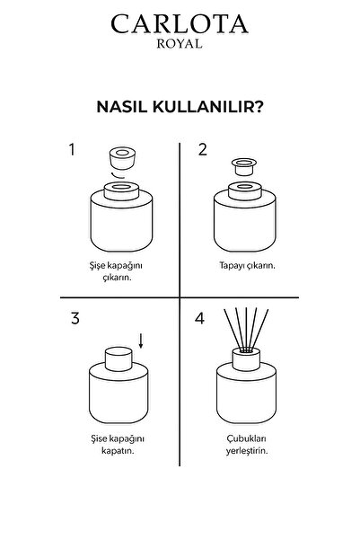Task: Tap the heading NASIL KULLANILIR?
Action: (x=180, y=106)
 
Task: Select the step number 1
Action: (x=73, y=149)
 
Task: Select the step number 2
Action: (x=202, y=149)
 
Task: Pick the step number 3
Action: (x=73, y=316)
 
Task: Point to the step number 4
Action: (x=202, y=318)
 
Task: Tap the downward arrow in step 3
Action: (x=143, y=340)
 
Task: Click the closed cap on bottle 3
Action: (x=119, y=357)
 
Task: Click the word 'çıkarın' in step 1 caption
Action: (x=119, y=279)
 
